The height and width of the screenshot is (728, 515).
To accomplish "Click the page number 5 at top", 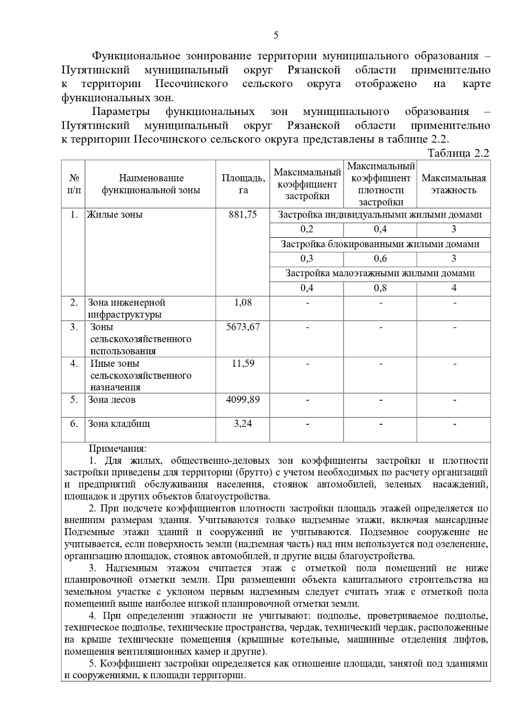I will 276,35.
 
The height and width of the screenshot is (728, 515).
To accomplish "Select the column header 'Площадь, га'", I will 243,184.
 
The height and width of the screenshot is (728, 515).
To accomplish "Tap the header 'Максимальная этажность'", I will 454,184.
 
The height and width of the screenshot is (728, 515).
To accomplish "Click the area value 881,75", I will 243,214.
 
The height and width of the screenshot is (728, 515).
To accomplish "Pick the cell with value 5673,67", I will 243,327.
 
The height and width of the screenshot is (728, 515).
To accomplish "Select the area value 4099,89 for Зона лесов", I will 243,399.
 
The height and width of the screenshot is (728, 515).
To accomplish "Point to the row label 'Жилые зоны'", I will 115,214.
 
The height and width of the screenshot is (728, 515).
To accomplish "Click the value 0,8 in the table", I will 380,288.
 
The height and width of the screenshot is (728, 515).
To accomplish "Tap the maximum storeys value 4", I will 454,288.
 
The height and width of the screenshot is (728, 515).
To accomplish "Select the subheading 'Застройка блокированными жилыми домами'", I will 380,244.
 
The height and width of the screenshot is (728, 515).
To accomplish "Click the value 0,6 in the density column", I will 380,259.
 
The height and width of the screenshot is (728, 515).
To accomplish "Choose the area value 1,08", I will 243,302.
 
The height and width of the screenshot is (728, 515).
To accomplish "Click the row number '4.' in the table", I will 74,363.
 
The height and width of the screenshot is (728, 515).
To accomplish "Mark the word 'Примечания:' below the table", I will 118,449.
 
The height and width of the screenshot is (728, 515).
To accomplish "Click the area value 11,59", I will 243,363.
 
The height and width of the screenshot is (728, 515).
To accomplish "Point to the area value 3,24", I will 243,424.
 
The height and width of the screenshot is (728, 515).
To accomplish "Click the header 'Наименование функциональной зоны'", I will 151,184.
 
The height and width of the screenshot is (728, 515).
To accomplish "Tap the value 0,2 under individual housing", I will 306,229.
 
